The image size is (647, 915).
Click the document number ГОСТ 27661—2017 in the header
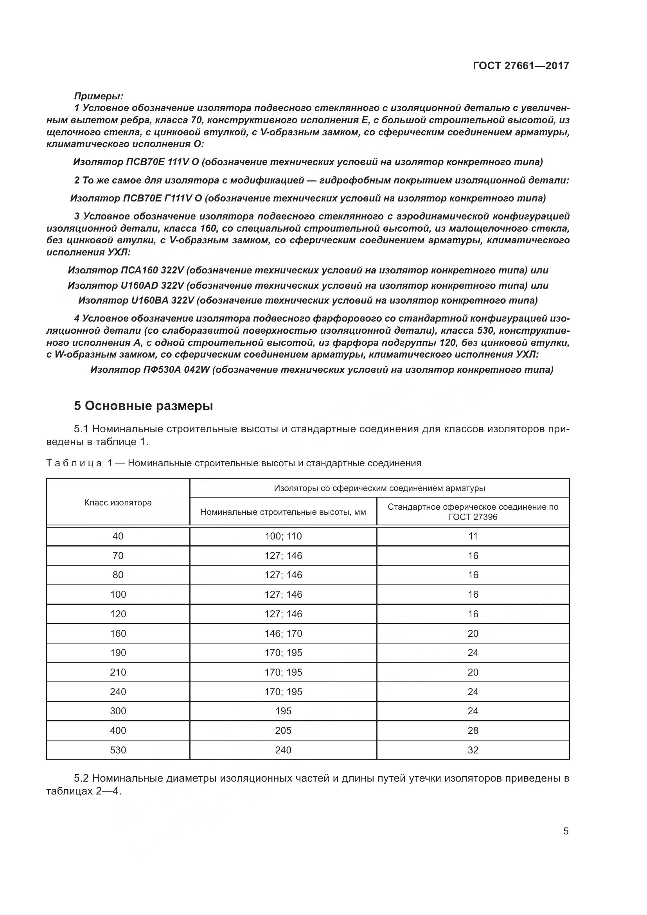521,66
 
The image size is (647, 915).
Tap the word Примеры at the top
99,96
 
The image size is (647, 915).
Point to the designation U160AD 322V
152,285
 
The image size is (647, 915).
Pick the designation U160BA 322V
162,300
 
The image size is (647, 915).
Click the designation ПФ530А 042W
176,369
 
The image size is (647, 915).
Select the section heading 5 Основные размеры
144,406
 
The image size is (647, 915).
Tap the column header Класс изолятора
118,503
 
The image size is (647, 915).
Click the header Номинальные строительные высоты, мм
283,512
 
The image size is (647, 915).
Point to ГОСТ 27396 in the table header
473,517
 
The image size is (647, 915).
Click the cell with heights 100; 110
283,536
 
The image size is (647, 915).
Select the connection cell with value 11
473,536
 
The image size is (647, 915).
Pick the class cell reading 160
118,634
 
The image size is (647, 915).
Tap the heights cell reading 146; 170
283,634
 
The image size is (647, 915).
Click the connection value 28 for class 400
473,730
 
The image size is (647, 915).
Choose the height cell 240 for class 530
283,750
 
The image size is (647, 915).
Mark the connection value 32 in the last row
473,750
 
